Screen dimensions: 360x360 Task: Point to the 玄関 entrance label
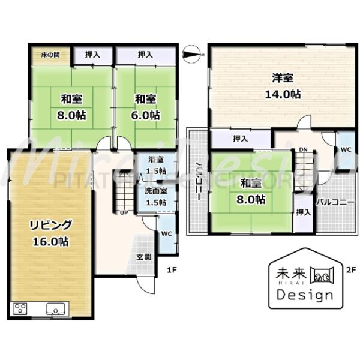coord(143,257)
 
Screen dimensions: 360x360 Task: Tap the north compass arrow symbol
coord(191,55)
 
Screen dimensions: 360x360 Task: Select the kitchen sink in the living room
coord(58,309)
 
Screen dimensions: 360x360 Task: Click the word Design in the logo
coord(304,295)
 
